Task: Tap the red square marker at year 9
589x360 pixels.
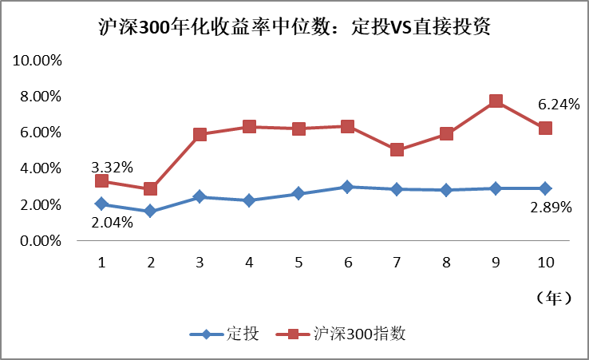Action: (496, 101)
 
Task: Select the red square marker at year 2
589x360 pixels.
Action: (150, 189)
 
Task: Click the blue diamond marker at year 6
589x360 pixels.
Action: (348, 187)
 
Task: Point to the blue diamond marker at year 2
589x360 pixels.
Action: (150, 212)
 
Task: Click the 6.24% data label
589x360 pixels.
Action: (559, 104)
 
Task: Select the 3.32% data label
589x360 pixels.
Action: (112, 167)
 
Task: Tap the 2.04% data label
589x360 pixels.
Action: (112, 222)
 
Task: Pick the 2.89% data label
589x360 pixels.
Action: (551, 207)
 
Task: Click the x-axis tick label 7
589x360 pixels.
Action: (397, 262)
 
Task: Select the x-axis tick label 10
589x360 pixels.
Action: (545, 262)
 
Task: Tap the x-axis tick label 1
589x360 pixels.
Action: (101, 262)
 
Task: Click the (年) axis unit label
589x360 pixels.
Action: (552, 298)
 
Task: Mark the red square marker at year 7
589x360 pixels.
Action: (397, 150)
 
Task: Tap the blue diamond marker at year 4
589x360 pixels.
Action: (249, 200)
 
